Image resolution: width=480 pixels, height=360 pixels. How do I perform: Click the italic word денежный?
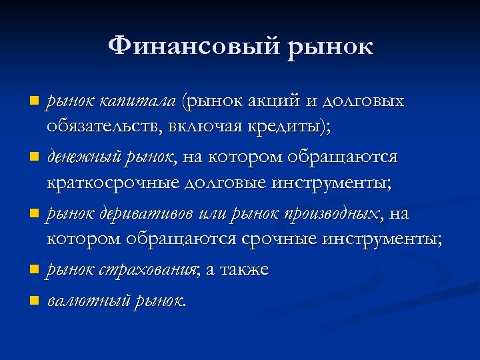[x=79, y=157]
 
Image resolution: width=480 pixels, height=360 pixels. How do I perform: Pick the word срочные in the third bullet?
[x=278, y=238]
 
